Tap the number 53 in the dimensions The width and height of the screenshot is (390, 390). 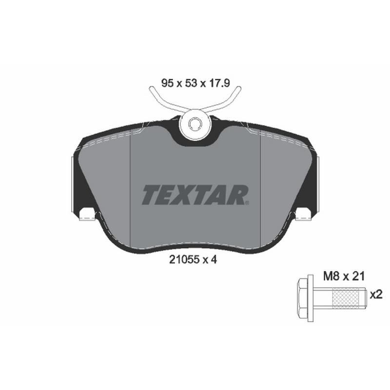pos(191,83)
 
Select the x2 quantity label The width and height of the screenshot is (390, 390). pos(376,295)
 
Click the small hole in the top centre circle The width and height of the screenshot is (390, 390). pos(195,124)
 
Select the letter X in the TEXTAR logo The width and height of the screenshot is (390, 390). pos(185,195)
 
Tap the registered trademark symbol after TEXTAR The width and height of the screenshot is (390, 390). pos(248,203)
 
